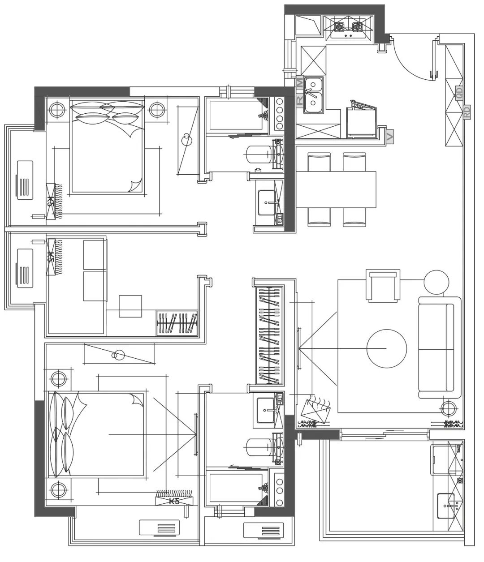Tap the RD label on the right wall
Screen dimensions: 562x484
pyautogui.click(x=467, y=112)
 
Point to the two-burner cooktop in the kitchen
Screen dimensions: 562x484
pyautogui.click(x=348, y=27)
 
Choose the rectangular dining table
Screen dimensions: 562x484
pyautogui.click(x=336, y=189)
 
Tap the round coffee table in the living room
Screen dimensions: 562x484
pyautogui.click(x=386, y=348)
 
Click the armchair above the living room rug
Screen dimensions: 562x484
pyautogui.click(x=383, y=286)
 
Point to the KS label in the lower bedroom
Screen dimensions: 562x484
pyautogui.click(x=174, y=501)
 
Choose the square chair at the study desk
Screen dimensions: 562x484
pyautogui.click(x=130, y=306)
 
